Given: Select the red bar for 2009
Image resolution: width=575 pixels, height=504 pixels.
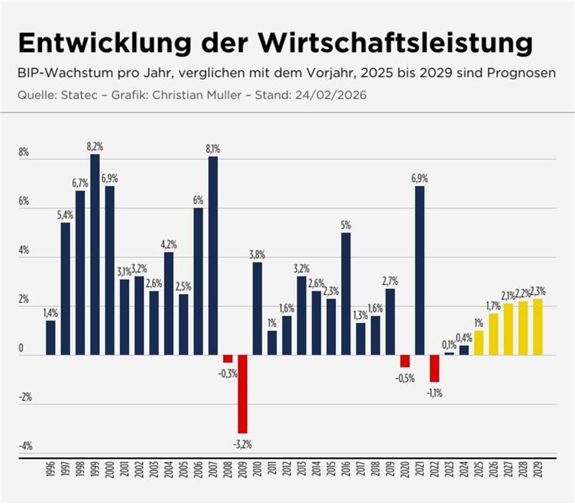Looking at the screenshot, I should coord(242,394).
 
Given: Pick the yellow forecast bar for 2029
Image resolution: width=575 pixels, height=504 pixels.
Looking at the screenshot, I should coord(538,327).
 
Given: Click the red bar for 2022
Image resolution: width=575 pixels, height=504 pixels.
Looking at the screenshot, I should coord(434,369).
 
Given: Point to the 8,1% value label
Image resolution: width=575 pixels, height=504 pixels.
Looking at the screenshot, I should coord(212,149).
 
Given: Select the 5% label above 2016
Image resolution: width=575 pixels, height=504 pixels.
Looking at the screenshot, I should coord(346,225).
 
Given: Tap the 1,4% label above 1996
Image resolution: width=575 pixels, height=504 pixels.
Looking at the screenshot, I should coord(50,313).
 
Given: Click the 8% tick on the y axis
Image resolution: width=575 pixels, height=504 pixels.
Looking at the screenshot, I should coord(23,152).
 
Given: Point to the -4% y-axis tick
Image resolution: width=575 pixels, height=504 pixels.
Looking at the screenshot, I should coord(25,446).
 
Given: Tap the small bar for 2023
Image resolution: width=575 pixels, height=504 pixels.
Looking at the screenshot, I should coord(449,354).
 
